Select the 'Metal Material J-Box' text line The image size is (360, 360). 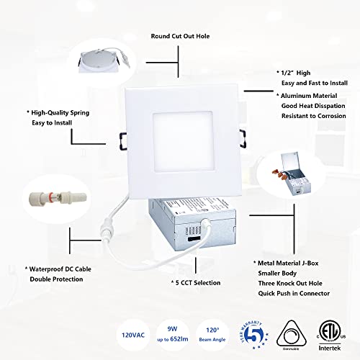[295, 264]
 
